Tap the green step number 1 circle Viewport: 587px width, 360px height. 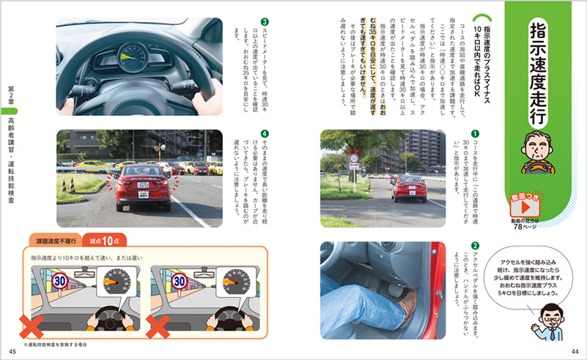[x=475, y=135]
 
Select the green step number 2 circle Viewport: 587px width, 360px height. [x=475, y=246]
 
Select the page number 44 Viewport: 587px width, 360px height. [x=575, y=350]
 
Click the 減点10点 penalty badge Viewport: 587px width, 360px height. [x=102, y=240]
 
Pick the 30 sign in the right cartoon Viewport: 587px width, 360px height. [x=180, y=281]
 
